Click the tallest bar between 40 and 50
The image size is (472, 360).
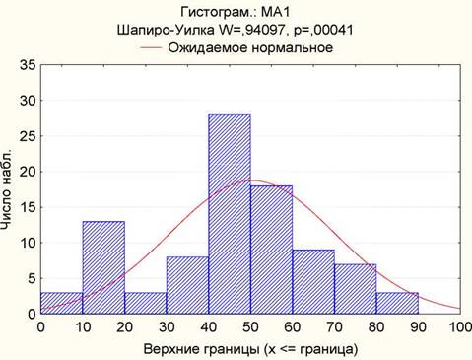(x=230, y=214)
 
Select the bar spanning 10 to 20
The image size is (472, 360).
(x=103, y=267)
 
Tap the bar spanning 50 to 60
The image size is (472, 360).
(x=272, y=250)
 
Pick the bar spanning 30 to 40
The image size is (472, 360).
(x=187, y=285)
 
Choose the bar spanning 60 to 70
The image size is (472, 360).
(x=313, y=282)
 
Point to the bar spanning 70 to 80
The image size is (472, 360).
(x=356, y=289)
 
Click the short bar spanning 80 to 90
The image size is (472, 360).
(x=397, y=303)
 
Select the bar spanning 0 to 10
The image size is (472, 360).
(x=62, y=303)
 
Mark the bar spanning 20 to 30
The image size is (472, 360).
(x=146, y=303)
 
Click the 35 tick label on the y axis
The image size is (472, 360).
(x=28, y=65)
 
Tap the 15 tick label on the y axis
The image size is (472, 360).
(x=28, y=207)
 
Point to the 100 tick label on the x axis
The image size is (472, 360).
(x=460, y=327)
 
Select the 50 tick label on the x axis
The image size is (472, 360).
(x=250, y=327)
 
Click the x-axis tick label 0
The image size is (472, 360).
(x=41, y=327)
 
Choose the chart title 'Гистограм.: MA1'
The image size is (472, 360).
(x=236, y=12)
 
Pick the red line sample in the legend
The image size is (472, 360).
(x=151, y=47)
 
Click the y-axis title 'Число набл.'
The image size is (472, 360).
(x=7, y=189)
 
